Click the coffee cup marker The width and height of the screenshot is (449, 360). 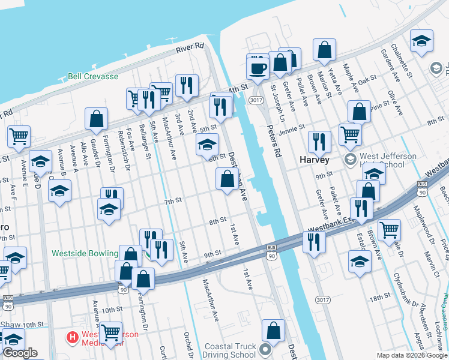click(258, 68)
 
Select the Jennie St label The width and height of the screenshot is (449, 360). click(292, 127)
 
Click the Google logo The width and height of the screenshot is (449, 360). click(20, 353)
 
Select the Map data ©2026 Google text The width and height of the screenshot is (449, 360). click(411, 355)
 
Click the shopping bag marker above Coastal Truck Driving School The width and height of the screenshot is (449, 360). click(274, 331)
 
